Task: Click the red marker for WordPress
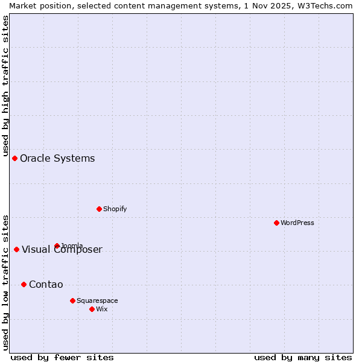coord(276,223)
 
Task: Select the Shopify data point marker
coord(99,209)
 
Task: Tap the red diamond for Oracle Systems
coord(14,158)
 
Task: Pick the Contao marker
coord(24,284)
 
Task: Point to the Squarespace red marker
coord(72,300)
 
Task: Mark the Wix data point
coord(92,309)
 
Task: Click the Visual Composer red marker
coord(16,249)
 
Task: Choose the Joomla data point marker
coord(57,246)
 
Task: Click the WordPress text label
coord(297,223)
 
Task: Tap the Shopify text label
coord(115,209)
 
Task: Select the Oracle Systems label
coord(57,158)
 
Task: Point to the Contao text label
coord(46,284)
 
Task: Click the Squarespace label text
coord(97,300)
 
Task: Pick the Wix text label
coord(102,309)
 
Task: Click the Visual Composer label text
coord(62,250)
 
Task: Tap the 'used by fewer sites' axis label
coord(62,357)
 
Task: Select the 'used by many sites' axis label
coord(303,357)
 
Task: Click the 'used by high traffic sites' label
coord(5,86)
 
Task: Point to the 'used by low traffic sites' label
coord(5,282)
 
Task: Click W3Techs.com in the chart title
coord(326,5)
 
